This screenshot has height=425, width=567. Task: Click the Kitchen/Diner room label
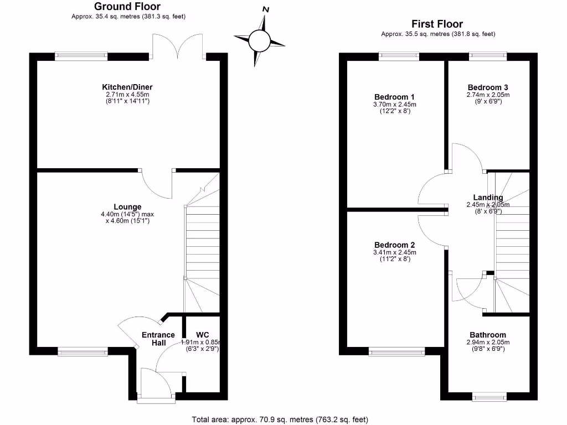coord(127,87)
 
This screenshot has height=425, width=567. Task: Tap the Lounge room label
coord(128,207)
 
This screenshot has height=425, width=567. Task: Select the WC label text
coord(202,335)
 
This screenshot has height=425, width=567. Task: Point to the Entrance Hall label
coord(158,339)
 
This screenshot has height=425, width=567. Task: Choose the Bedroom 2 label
coord(394,245)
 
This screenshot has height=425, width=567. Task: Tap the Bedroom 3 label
coord(488,87)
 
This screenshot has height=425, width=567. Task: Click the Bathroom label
coord(488,335)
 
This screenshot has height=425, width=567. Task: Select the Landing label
coord(488,198)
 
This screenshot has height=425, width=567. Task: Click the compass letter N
coord(266,9)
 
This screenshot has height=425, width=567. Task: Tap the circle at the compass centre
coord(259,40)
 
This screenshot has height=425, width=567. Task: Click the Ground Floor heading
coord(127,7)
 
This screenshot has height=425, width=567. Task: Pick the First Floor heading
coord(437,24)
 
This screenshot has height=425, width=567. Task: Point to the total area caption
coord(280,419)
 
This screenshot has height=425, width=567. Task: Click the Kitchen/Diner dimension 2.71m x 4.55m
coord(127,95)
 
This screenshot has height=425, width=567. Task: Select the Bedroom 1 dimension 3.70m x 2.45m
coord(394,104)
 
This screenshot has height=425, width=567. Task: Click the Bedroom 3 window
coord(488,55)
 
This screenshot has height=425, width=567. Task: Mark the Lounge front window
coord(83,350)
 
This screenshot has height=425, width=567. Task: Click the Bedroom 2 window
coord(397,350)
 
